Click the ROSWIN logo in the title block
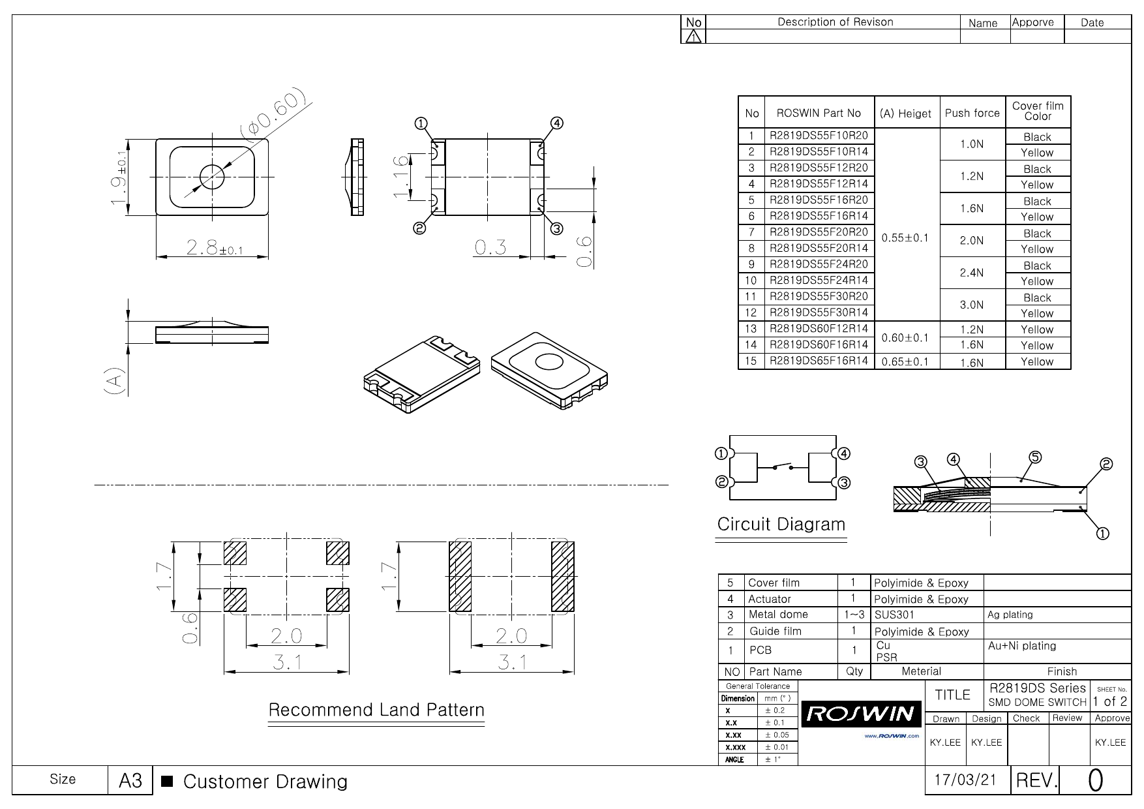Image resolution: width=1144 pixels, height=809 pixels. point(861,714)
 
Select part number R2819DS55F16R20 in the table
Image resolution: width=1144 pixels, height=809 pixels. point(819,200)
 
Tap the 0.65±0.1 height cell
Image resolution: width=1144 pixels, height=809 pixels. point(905,361)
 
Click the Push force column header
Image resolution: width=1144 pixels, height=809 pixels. point(972,113)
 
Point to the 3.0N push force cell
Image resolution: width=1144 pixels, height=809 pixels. point(972,305)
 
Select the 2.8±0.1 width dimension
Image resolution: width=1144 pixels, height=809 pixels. point(214,248)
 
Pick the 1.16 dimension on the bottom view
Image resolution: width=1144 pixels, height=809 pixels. point(402,176)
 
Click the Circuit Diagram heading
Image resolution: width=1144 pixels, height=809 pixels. point(781,525)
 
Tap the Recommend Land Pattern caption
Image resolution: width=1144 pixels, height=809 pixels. point(376,710)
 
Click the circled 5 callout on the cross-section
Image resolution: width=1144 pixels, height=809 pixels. point(1035,457)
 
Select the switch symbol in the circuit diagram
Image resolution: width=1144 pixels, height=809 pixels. point(782,467)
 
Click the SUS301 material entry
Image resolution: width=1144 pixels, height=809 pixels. point(894,615)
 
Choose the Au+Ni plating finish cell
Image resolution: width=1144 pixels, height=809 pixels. point(1021,646)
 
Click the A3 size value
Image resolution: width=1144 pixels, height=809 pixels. point(130,780)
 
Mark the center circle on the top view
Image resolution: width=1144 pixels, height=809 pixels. point(211,176)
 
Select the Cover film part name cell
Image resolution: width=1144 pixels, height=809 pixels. point(774,583)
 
